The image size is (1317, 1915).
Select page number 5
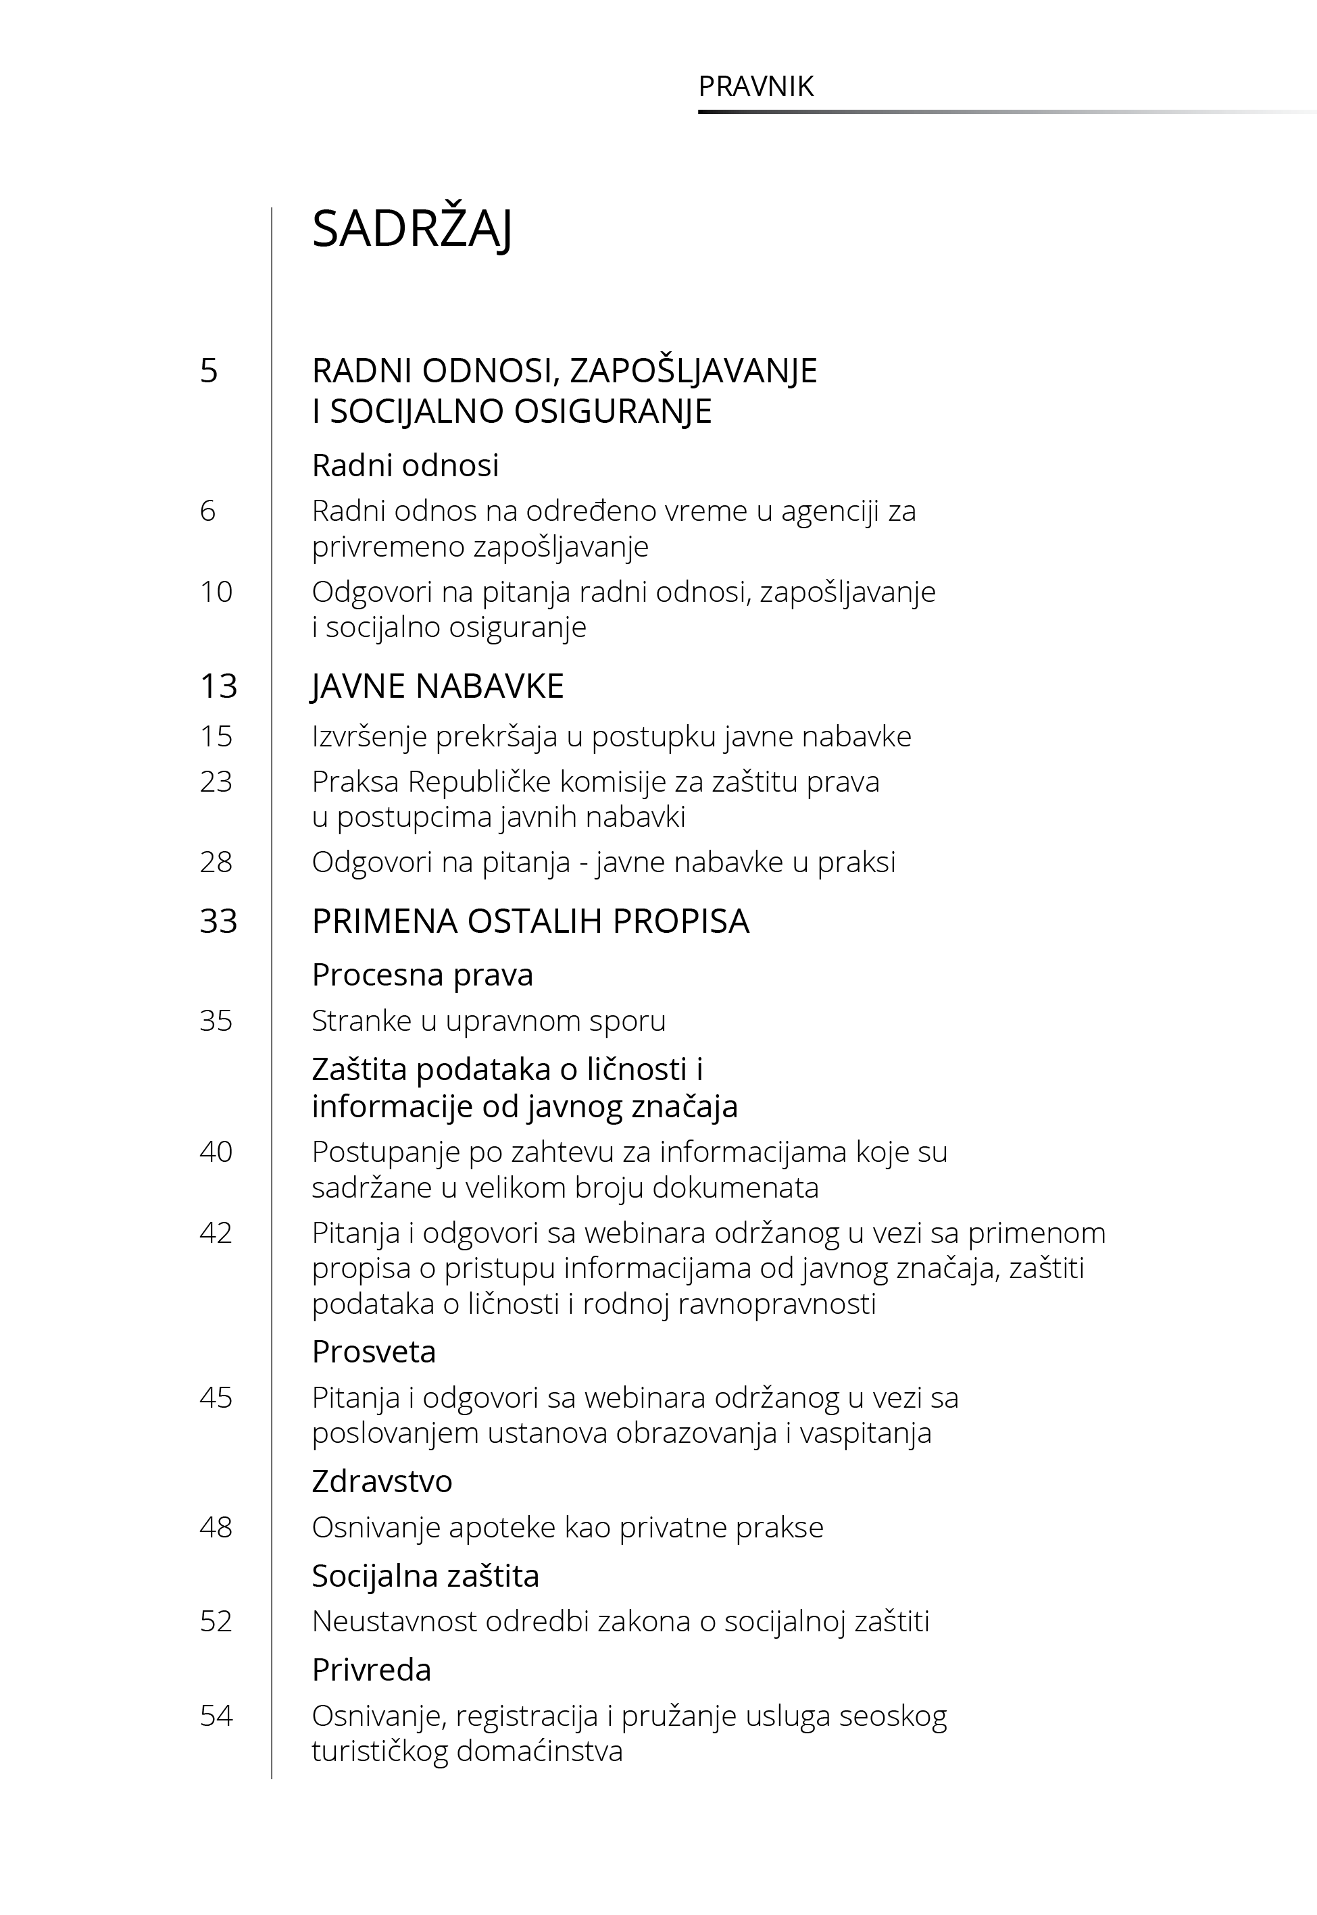(x=209, y=370)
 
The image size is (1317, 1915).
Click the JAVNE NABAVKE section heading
(x=437, y=686)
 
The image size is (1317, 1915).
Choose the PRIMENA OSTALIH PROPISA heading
(x=530, y=921)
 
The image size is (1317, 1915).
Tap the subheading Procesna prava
(x=422, y=975)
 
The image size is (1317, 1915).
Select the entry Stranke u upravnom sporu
(x=489, y=1021)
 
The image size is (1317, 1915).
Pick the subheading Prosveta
(x=374, y=1352)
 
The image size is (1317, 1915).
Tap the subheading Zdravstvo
(x=382, y=1481)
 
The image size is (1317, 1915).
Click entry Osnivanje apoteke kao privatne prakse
(x=567, y=1527)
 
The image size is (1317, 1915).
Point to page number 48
(x=216, y=1527)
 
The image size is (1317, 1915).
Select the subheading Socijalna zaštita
(x=425, y=1576)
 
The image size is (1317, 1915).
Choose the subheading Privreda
(x=372, y=1670)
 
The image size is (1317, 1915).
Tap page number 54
(x=216, y=1716)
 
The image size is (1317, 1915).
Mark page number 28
(x=216, y=862)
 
